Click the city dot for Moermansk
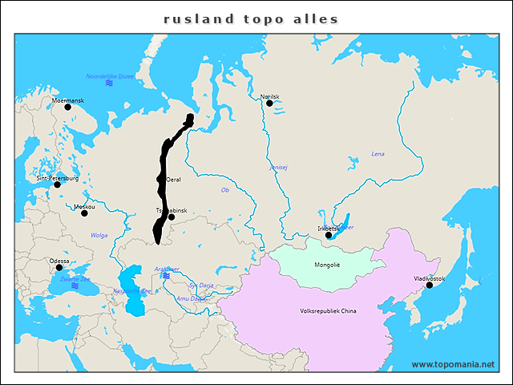pos(67,107)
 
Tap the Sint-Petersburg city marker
pos(57,184)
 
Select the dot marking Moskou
pos(84,213)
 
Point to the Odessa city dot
pos(59,268)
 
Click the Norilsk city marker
pos(269,103)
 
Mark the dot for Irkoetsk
pos(329,235)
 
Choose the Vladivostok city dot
pos(430,285)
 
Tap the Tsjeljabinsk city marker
pos(171,217)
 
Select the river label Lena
pos(378,153)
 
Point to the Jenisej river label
pos(278,168)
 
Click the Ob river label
pos(225,190)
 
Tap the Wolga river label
pos(99,235)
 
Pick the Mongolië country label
pos(327,264)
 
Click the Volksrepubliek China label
pos(329,310)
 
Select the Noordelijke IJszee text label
pos(111,75)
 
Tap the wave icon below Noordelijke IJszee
pos(109,83)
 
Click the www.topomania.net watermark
pos(453,364)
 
